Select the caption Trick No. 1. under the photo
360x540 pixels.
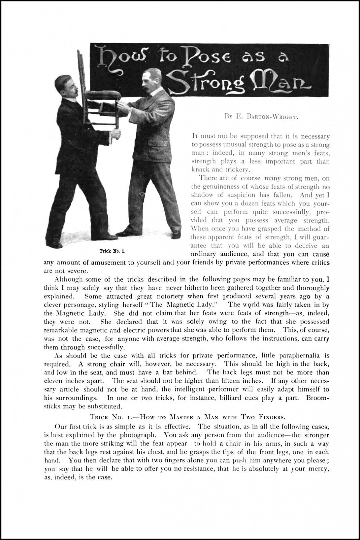click(x=112, y=251)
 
